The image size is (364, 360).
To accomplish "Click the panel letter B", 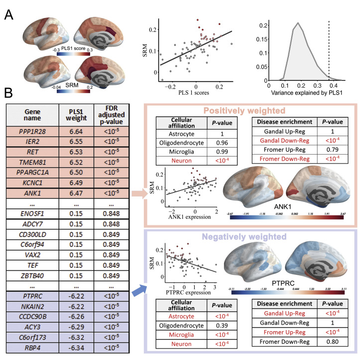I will click(x=9, y=93).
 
